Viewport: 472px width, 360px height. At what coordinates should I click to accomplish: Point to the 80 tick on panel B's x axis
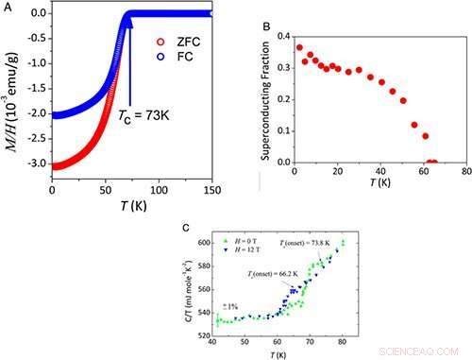coord(465,171)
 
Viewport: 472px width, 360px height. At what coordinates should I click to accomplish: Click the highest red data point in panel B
coord(299,47)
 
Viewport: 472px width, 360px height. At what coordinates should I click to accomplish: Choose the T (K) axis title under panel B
coord(384,184)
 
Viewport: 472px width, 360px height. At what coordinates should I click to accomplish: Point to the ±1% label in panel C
coord(230,307)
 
